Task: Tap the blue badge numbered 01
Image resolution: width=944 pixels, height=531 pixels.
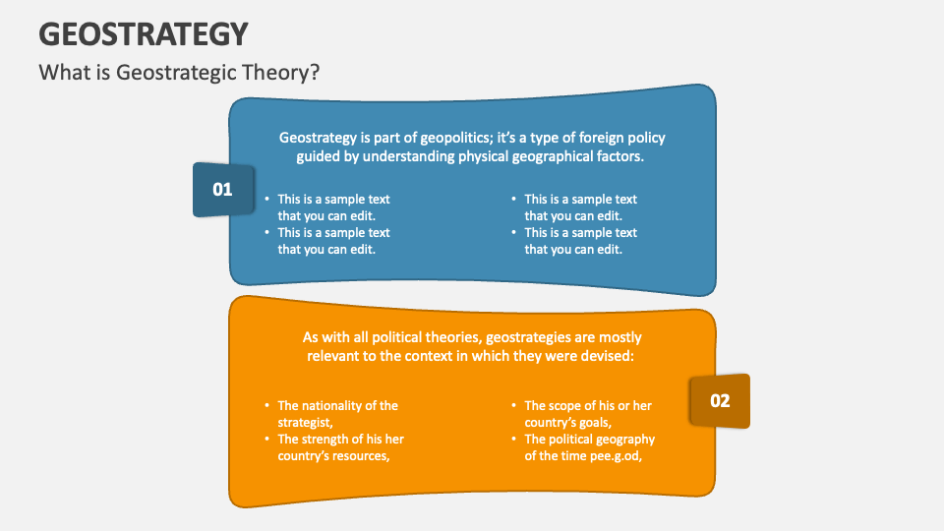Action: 222,189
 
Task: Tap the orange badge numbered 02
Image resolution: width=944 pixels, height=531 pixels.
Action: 720,400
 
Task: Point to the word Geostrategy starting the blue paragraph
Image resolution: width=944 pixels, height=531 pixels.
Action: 317,138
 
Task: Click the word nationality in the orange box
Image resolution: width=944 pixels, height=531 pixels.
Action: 335,405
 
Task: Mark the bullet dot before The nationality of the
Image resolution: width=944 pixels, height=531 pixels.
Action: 266,405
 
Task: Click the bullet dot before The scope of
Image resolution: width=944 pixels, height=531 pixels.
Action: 513,405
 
